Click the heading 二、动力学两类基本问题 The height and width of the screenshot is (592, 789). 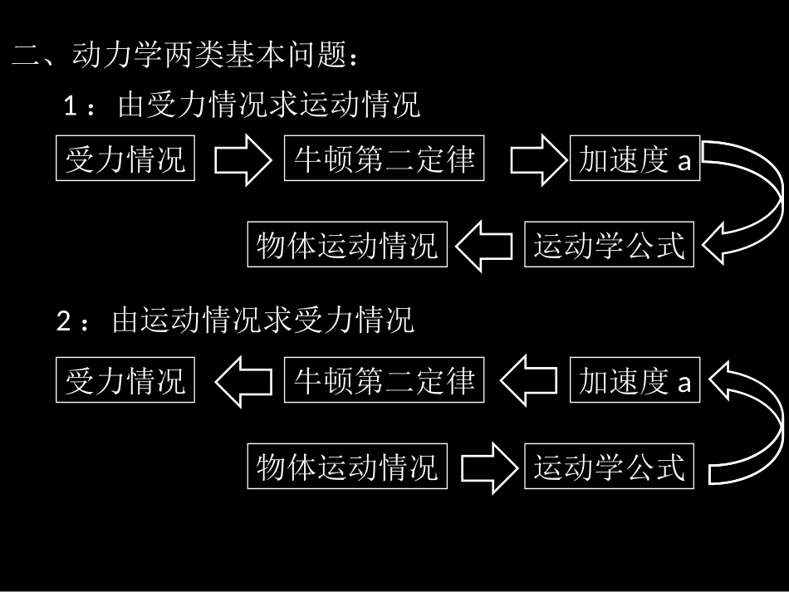[x=186, y=57]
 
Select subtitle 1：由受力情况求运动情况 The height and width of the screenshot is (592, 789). [x=242, y=106]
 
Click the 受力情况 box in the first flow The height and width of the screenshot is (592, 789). [x=125, y=158]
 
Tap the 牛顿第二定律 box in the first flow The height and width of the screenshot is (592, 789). [x=384, y=158]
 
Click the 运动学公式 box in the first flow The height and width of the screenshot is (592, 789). [x=609, y=245]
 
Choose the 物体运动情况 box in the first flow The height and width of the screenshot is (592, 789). [x=347, y=245]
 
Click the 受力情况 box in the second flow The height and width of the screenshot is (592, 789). [x=125, y=381]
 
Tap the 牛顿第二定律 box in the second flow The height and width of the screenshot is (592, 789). [x=384, y=381]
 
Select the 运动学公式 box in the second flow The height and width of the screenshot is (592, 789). [x=609, y=467]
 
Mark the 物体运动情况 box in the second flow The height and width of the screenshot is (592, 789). [x=347, y=467]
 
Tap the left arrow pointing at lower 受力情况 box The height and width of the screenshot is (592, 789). [x=242, y=381]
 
